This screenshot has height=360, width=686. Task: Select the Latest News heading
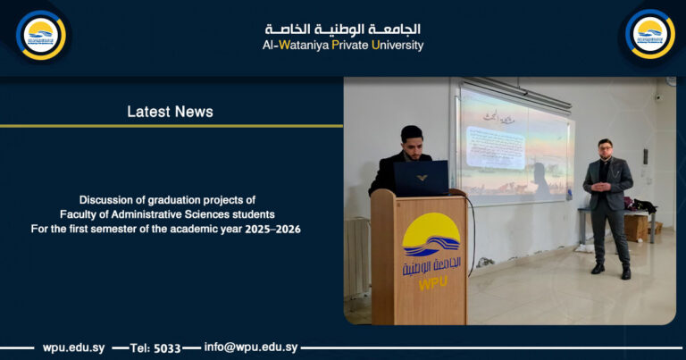coord(170,112)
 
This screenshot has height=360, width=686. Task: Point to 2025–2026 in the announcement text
coord(272,230)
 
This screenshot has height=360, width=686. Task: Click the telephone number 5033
coord(167,347)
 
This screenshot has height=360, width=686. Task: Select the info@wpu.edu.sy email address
coord(251,347)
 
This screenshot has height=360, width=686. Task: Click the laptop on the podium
coord(421,178)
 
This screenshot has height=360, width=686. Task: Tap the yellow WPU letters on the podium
coord(431,284)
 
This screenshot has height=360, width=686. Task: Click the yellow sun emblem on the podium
coord(431,231)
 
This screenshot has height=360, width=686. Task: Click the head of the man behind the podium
coord(411,139)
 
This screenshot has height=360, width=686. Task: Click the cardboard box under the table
coord(635,227)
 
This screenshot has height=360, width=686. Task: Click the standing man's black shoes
coord(611,270)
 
